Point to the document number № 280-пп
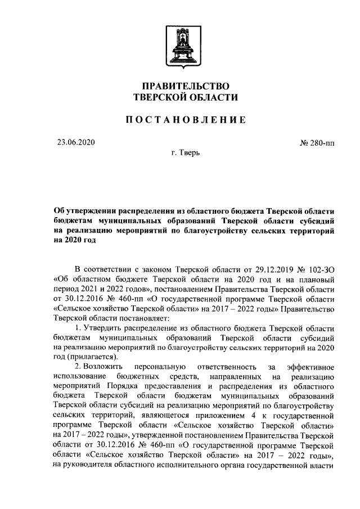317,143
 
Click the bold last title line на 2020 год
75,241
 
